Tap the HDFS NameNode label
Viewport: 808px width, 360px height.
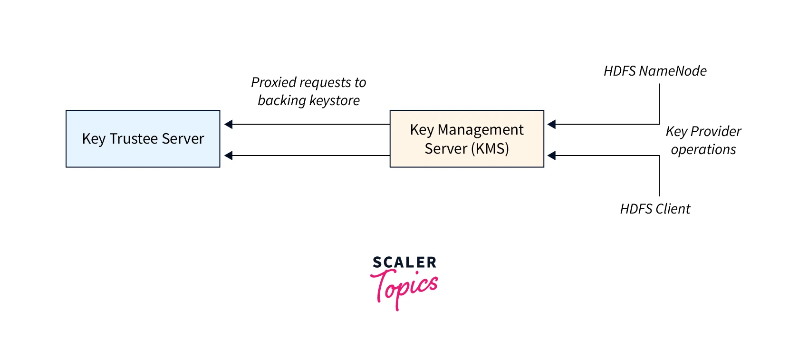point(655,71)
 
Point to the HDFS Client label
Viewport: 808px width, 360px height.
point(655,209)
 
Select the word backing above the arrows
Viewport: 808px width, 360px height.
point(282,101)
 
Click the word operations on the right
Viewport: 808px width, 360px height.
point(703,150)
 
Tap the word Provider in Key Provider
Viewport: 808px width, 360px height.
point(716,131)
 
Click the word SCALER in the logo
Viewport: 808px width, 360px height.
point(404,263)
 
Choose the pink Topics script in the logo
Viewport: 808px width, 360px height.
point(405,286)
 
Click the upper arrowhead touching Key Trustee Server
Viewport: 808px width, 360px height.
point(229,125)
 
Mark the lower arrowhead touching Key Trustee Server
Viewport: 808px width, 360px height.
point(229,156)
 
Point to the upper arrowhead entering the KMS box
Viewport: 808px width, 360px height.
point(551,125)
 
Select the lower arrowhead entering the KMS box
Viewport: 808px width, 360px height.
point(551,156)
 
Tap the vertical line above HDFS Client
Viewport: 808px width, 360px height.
point(659,176)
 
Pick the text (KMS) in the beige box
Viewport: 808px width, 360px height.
point(490,149)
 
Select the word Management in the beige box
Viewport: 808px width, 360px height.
point(481,130)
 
